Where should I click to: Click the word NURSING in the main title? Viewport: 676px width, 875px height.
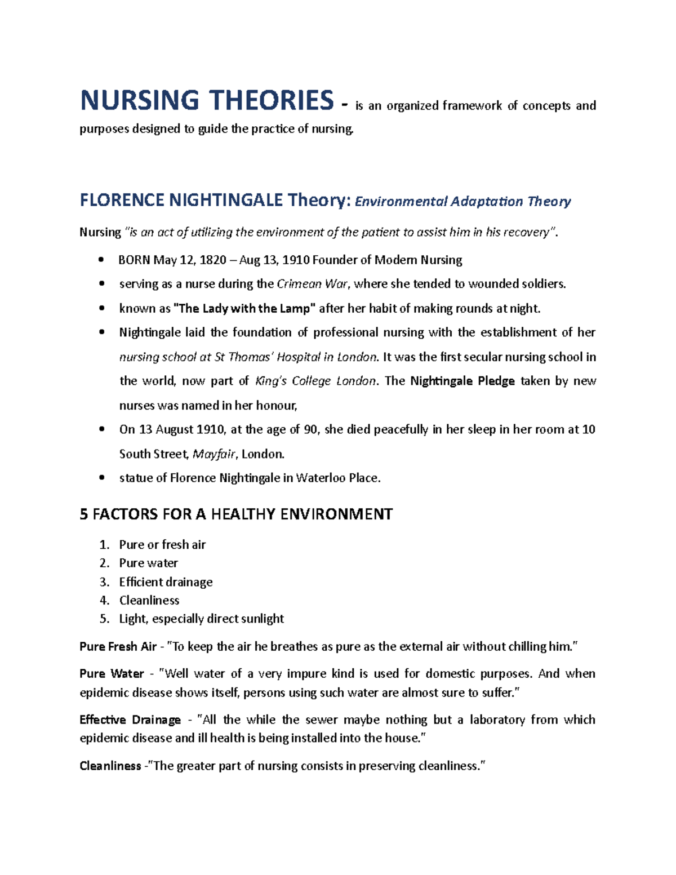(139, 100)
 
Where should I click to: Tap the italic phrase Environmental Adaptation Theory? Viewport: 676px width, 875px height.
(462, 201)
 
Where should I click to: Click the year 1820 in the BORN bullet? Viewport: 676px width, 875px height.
(211, 260)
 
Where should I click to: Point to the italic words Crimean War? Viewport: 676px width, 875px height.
(313, 284)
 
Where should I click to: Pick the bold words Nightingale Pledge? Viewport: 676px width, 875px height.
(462, 381)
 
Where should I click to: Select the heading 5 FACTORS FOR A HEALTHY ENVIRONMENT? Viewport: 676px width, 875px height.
(235, 514)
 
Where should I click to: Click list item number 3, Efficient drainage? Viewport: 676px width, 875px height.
(166, 582)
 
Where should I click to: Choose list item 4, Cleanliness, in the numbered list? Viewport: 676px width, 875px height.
(149, 601)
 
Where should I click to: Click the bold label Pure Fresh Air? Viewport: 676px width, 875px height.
(118, 647)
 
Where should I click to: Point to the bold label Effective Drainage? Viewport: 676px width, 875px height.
(130, 720)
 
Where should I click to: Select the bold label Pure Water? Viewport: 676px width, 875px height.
(112, 674)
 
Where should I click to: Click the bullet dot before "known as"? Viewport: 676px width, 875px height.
(101, 308)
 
